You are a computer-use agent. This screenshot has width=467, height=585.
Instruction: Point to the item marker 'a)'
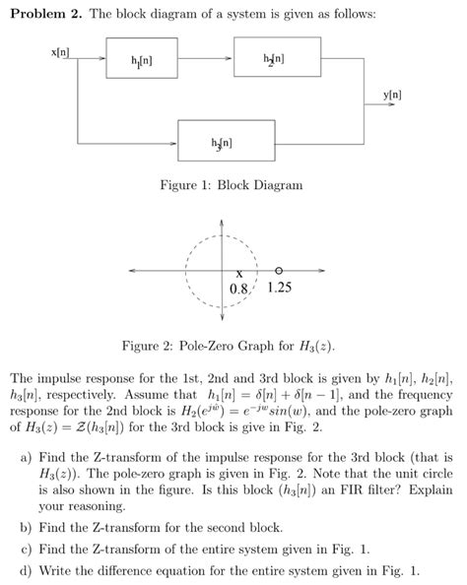pyautogui.click(x=26, y=459)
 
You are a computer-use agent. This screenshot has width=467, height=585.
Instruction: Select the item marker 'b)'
pyautogui.click(x=26, y=527)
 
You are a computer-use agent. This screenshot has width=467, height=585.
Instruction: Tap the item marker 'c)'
pyautogui.click(x=26, y=549)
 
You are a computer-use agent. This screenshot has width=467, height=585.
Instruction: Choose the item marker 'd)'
pyautogui.click(x=26, y=569)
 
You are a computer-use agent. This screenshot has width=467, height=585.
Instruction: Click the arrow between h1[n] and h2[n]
pyautogui.click(x=207, y=58)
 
